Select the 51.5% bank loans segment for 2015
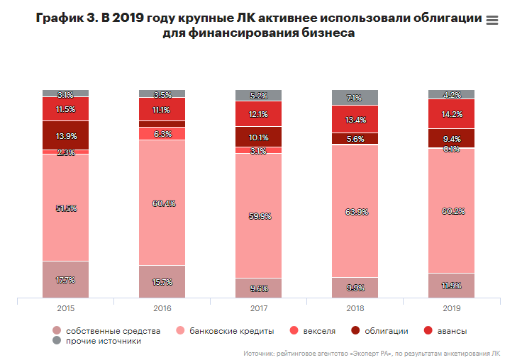(66, 208)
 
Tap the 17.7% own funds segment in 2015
(66, 280)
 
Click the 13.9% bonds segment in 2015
(66, 135)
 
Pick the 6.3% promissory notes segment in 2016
(162, 133)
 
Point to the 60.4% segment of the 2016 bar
(162, 203)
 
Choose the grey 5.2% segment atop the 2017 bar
(258, 96)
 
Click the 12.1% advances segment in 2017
(258, 114)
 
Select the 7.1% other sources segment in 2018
(355, 98)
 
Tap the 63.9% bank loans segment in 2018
(355, 211)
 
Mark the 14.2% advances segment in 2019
(451, 113)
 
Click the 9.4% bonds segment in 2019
(451, 138)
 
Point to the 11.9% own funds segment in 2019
(451, 286)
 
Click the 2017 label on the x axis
(258, 310)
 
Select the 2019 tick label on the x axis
(451, 310)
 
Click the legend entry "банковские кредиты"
(221, 331)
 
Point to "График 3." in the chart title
(65, 19)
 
